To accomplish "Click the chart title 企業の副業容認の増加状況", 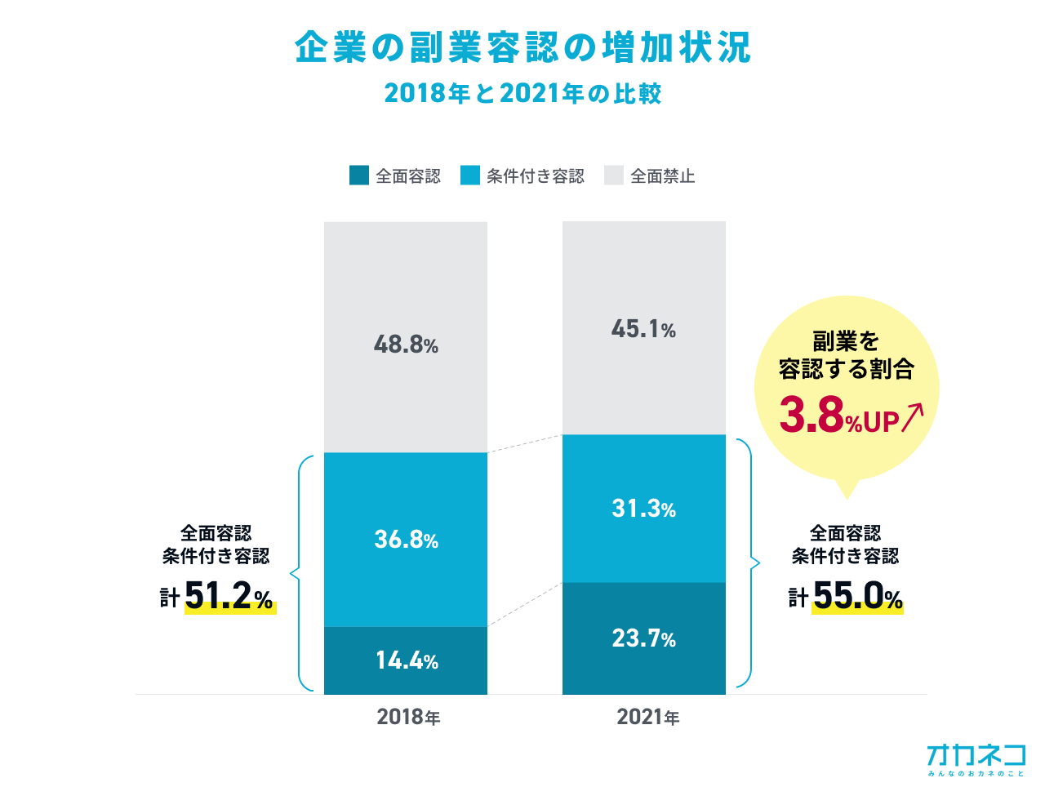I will click(x=522, y=47).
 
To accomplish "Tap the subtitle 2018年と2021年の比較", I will click(x=522, y=93).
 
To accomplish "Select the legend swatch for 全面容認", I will click(x=359, y=176).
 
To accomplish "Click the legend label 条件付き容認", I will click(x=536, y=176).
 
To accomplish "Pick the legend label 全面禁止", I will click(x=662, y=176).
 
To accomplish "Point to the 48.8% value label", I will click(x=406, y=345).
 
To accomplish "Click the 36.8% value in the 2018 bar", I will click(x=406, y=540).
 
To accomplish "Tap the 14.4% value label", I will click(x=406, y=660).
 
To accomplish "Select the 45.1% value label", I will click(x=643, y=329).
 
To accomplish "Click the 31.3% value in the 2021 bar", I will click(x=643, y=509).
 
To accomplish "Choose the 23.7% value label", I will click(x=643, y=638).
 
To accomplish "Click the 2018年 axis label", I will click(x=408, y=717).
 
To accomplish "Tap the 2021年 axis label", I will click(x=647, y=717).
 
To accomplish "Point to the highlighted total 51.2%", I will click(x=229, y=597).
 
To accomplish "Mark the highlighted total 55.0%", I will click(x=857, y=597).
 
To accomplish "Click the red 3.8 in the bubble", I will click(x=811, y=415).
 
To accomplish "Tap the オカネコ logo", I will click(x=976, y=758).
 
